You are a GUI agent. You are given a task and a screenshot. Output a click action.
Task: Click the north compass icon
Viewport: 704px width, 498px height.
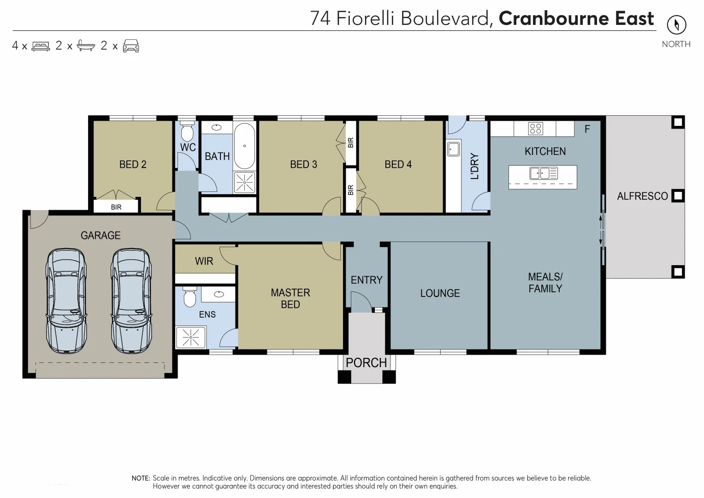point(676,25)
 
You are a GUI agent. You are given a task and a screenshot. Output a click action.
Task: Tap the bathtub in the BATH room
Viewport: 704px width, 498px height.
point(244,146)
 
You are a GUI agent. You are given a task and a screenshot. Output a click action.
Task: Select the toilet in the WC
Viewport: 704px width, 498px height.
point(187,132)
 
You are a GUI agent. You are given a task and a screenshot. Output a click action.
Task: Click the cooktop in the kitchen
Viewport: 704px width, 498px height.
point(535,129)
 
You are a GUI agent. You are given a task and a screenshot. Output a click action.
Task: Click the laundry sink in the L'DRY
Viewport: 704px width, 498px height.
point(452,149)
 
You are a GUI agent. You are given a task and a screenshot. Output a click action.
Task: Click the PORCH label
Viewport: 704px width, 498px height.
point(366,363)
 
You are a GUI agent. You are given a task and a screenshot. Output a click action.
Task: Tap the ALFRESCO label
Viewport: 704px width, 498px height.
point(642,196)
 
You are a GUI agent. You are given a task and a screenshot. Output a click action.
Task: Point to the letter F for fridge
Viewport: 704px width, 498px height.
point(587,129)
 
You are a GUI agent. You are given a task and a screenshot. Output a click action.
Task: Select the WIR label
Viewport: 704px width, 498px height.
point(204,261)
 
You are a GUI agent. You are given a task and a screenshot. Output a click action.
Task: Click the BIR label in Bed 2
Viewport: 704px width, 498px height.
point(116,207)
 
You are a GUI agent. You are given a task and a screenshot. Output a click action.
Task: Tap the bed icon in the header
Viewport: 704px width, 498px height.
point(41,46)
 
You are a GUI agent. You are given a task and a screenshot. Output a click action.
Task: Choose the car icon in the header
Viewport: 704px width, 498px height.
point(131,46)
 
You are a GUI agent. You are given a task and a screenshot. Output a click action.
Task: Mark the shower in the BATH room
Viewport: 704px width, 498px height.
point(244,182)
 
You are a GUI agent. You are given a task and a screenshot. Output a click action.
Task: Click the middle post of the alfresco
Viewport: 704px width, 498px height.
point(677,196)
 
